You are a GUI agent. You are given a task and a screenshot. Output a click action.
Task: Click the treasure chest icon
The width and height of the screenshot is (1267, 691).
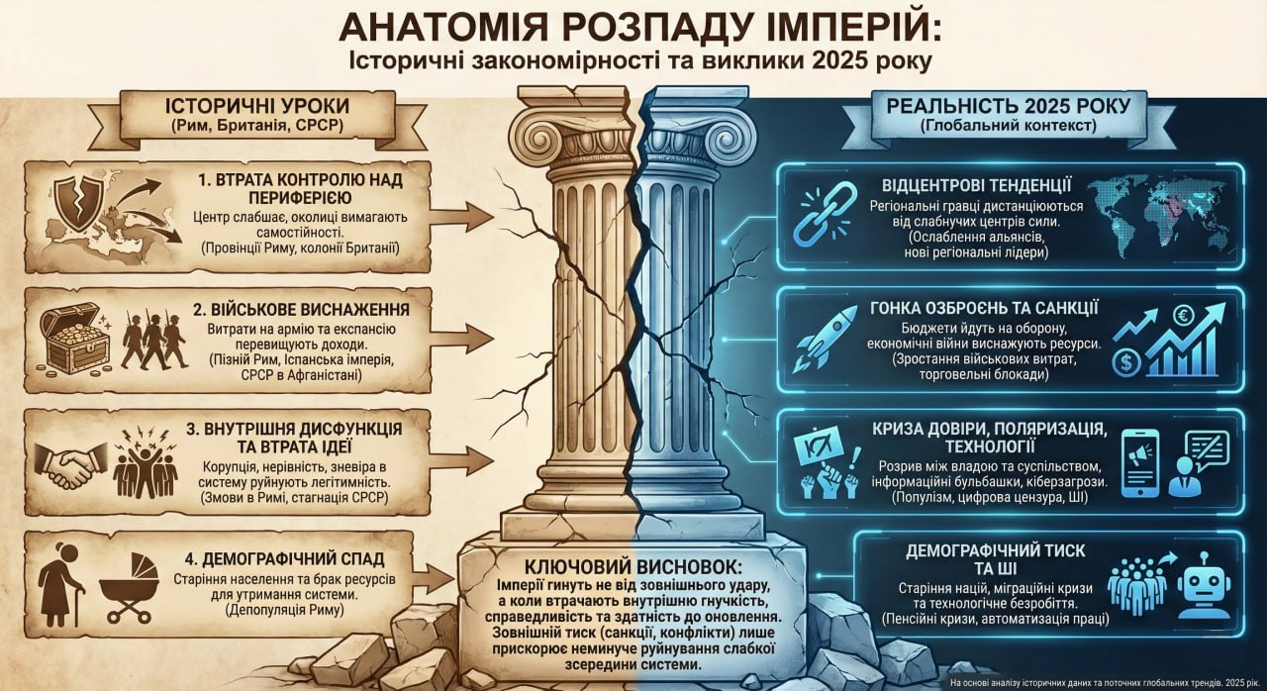[x=74, y=340]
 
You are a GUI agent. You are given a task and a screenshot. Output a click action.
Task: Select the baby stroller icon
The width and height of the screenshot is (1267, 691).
[x=130, y=587]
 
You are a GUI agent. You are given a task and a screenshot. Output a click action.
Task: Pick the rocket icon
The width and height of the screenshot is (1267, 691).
[x=825, y=337]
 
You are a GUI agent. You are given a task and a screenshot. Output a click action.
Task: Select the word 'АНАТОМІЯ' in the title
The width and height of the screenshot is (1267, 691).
[x=437, y=27]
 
